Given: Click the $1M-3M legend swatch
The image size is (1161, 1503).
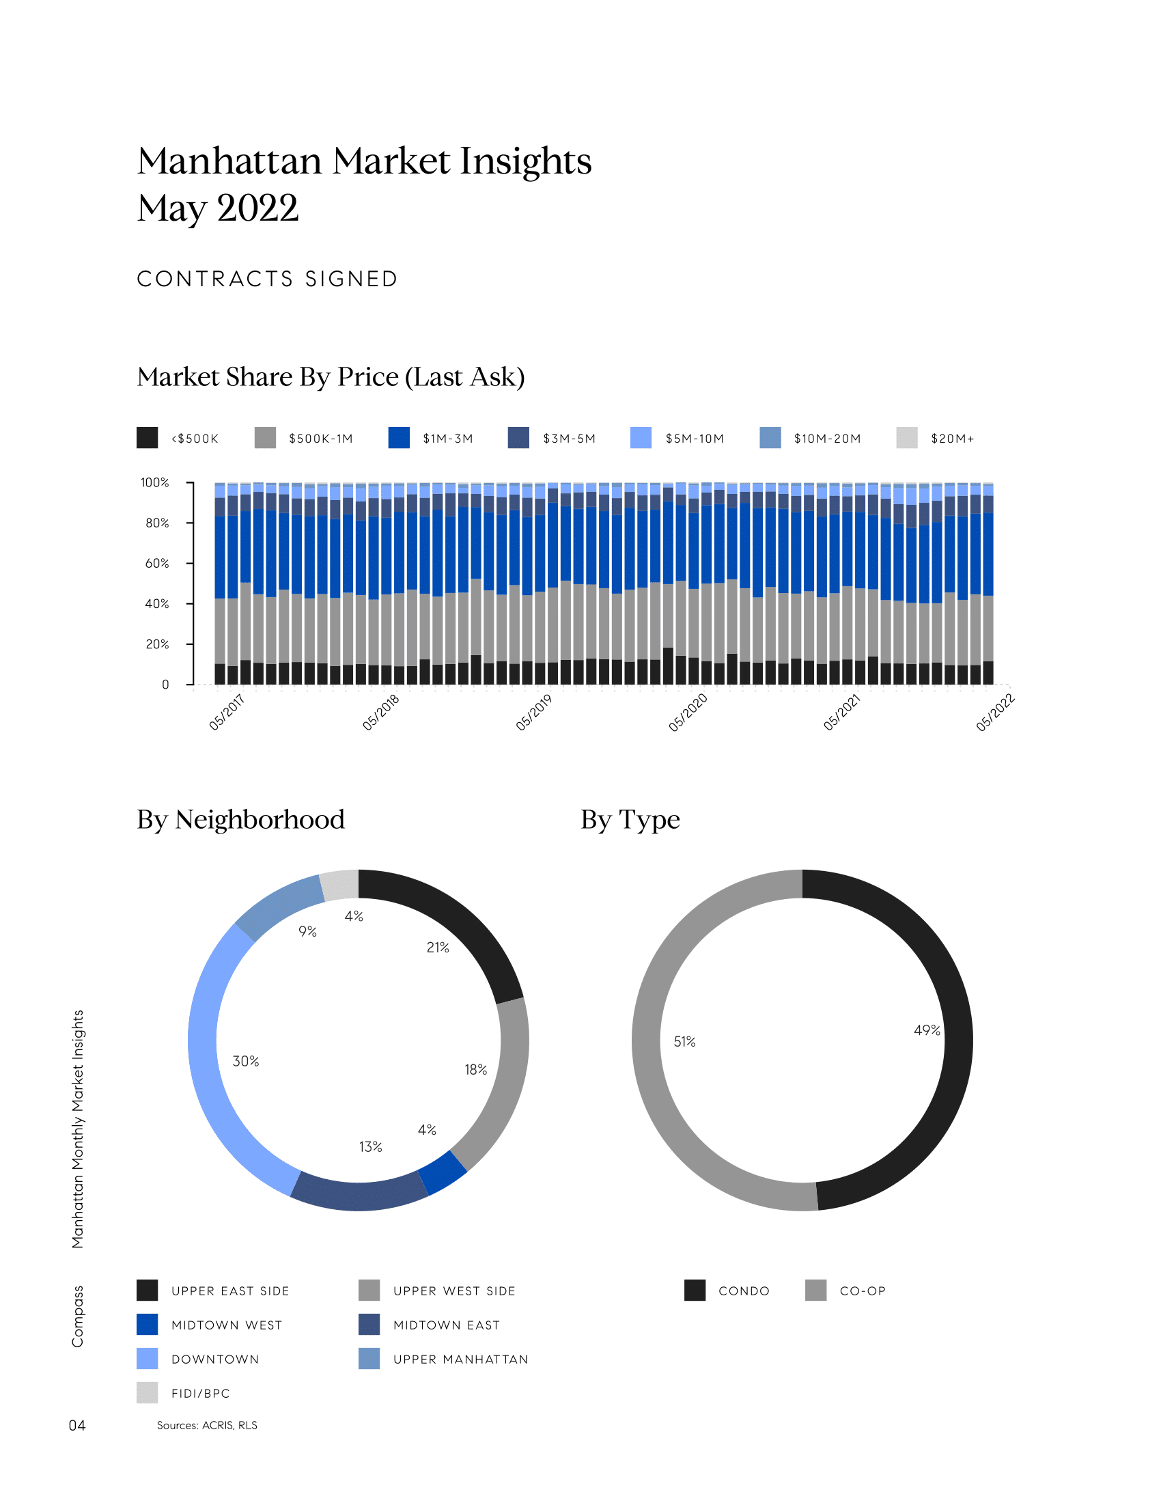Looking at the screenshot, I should coord(399,438).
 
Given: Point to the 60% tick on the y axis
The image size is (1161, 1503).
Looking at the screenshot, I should coord(157,563).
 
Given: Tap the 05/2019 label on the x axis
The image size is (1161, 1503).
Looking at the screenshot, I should coord(535,713).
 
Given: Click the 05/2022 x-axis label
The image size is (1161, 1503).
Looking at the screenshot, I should coord(995,713).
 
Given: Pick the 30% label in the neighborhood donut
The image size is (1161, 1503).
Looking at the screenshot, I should coord(246,1061).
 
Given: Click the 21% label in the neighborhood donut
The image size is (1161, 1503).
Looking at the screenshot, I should coord(438,948).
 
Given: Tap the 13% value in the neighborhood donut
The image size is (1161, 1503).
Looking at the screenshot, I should coord(370,1146).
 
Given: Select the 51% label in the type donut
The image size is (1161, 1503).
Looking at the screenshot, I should coord(684,1042).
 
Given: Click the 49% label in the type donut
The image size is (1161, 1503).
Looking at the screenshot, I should coord(927,1030).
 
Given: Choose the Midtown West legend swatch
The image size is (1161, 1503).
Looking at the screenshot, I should coord(148,1325).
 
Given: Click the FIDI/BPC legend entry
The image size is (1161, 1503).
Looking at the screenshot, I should coord(200,1394).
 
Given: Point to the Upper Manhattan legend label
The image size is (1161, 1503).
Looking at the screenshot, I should coord(460,1359).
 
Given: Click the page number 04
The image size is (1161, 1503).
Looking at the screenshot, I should coord(77,1425).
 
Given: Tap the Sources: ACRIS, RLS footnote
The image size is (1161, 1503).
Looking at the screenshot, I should coord(207,1425).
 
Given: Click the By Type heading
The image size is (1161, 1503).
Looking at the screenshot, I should coord(630,820).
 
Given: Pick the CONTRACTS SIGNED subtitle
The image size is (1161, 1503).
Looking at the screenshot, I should coord(268,279).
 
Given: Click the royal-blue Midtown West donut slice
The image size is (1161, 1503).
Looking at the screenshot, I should coord(443,1172).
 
